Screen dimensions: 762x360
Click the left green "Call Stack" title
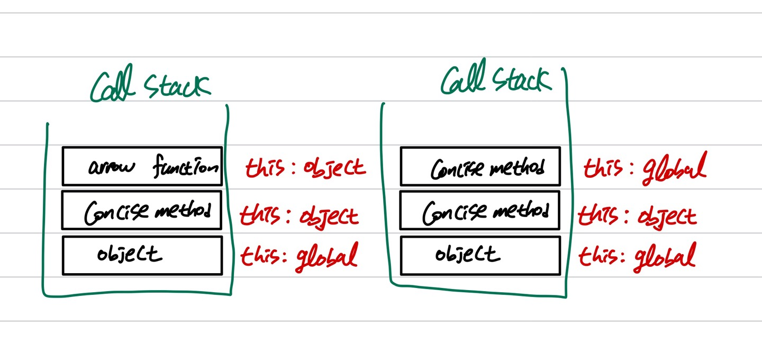[150, 83]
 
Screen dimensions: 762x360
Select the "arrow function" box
[142, 166]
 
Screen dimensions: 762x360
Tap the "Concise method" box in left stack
[142, 210]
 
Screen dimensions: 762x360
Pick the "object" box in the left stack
[142, 255]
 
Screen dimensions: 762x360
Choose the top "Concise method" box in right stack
[480, 166]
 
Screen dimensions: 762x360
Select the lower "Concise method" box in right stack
[480, 210]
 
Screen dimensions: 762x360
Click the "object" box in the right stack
[480, 255]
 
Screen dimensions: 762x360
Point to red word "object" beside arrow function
[334, 168]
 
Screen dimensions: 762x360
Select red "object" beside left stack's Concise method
[329, 217]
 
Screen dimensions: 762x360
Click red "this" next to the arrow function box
[265, 167]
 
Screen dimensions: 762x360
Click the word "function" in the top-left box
[186, 166]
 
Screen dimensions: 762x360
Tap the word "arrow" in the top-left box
[112, 167]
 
